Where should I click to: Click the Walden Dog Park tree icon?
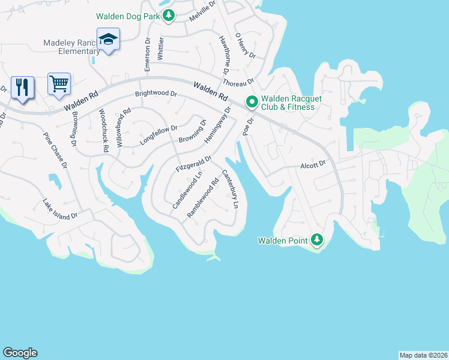pos(169,16)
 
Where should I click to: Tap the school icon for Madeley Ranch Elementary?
pos(108,40)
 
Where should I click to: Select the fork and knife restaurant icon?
pos(22,88)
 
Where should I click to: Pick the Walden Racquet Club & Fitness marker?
pos(252,103)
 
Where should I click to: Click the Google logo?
pos(20,353)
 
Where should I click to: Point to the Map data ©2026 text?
pos(423,355)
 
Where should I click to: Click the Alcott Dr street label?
pos(313,163)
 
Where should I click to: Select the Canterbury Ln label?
pos(231,190)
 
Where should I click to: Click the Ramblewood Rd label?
pos(203,197)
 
